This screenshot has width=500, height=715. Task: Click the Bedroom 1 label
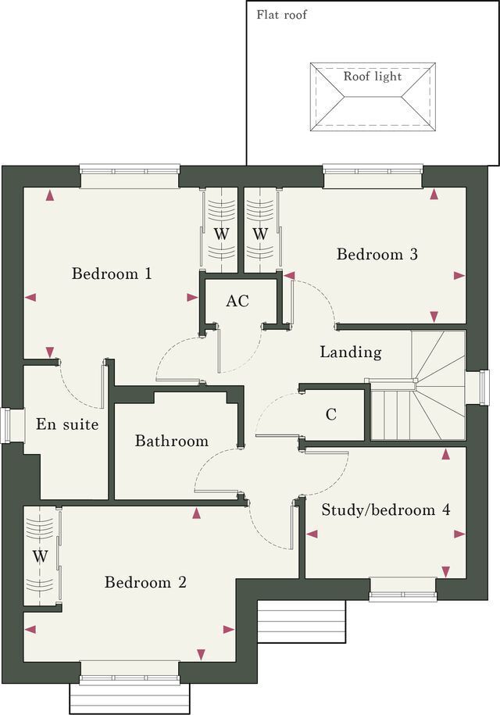pos(112,273)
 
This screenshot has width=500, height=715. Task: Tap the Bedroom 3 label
pos(377,254)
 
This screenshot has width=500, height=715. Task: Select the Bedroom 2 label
pos(145,582)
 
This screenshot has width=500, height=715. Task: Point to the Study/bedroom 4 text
pos(386,509)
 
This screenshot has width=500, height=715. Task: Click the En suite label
pos(67,424)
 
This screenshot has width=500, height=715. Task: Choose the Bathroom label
pos(172,441)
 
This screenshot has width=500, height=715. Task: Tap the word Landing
pos(351,352)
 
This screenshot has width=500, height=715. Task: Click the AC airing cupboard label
pos(237,301)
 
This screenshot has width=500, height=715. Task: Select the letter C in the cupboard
pos(331,414)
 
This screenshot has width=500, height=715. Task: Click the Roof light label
pos(373,76)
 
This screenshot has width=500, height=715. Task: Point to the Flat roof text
pos(282,15)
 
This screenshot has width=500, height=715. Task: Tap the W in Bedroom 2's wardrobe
pos(40,556)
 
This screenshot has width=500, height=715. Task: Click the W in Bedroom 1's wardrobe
pos(221,234)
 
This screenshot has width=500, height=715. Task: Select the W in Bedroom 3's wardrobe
pos(260,234)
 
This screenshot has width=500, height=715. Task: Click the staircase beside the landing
pos(416,386)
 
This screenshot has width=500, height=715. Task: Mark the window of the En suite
pos(6,425)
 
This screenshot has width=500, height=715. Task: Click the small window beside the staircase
pos(484,387)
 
